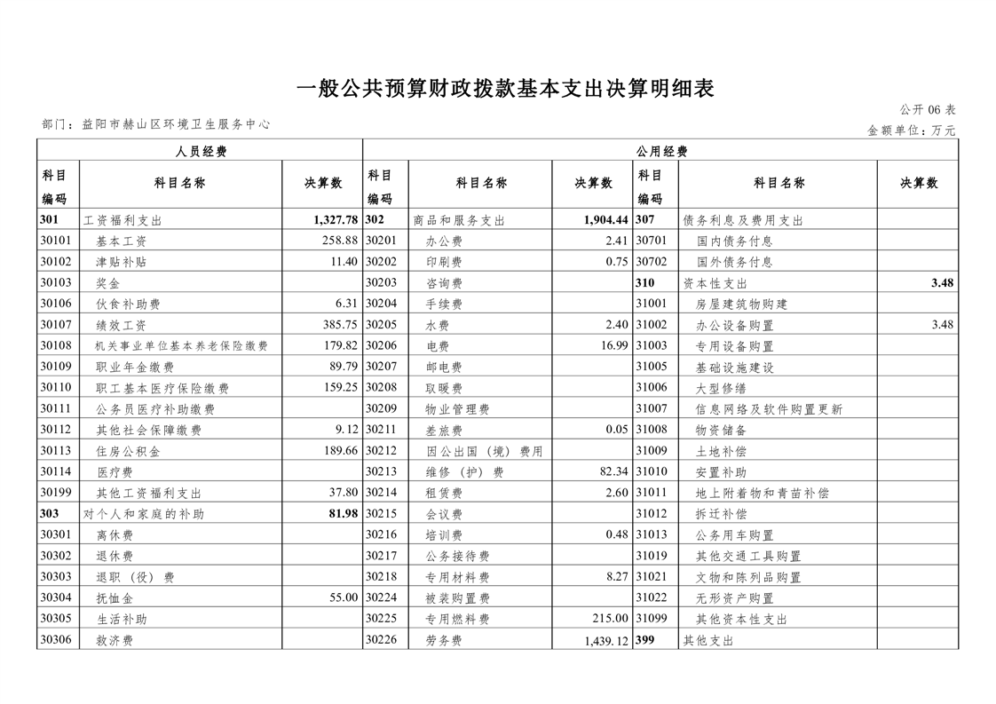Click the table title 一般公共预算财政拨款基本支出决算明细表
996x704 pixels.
(x=504, y=89)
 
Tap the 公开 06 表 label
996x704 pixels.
(x=927, y=110)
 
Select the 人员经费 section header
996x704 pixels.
(x=201, y=152)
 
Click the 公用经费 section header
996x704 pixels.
(x=661, y=152)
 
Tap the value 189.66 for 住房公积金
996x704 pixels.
(x=340, y=451)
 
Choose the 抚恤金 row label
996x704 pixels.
(x=115, y=598)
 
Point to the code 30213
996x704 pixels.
(x=381, y=472)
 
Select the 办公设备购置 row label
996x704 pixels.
(x=735, y=325)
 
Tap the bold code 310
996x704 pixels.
(x=645, y=283)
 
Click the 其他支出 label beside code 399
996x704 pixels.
(x=708, y=640)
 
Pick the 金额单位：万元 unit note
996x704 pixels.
(x=911, y=131)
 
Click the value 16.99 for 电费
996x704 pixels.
(x=613, y=346)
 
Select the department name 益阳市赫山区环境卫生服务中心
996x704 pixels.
(x=175, y=125)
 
